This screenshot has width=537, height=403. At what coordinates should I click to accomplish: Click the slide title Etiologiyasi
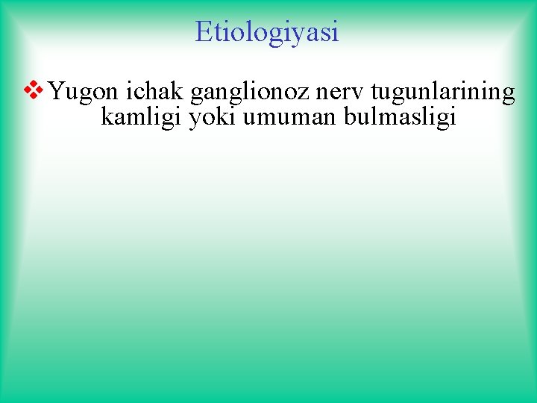pos(267,31)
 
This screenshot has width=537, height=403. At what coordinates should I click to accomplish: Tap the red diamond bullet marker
pos(34,92)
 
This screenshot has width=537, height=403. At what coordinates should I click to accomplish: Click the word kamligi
pos(141,118)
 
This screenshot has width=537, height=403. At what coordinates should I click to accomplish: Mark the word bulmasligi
pos(399,118)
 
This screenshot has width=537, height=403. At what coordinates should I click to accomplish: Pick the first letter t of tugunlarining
pos(373,93)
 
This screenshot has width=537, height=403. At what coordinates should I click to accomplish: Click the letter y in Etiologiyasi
pos(301,34)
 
